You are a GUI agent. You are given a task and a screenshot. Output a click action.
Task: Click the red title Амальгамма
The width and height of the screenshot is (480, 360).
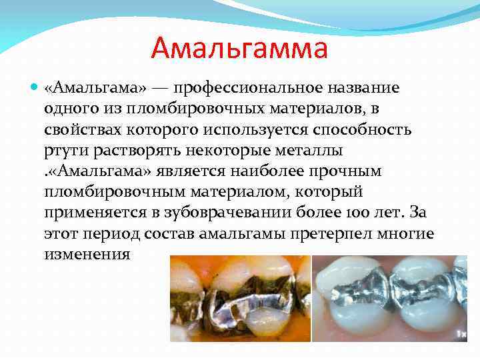pyautogui.click(x=239, y=48)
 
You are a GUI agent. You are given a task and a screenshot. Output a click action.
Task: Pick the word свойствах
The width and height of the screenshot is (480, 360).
pyautogui.click(x=82, y=129)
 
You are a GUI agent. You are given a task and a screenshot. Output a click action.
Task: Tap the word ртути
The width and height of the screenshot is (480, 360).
pyautogui.click(x=64, y=150)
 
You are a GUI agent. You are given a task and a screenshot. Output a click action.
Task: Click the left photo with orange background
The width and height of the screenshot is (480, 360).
pyautogui.click(x=239, y=304)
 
